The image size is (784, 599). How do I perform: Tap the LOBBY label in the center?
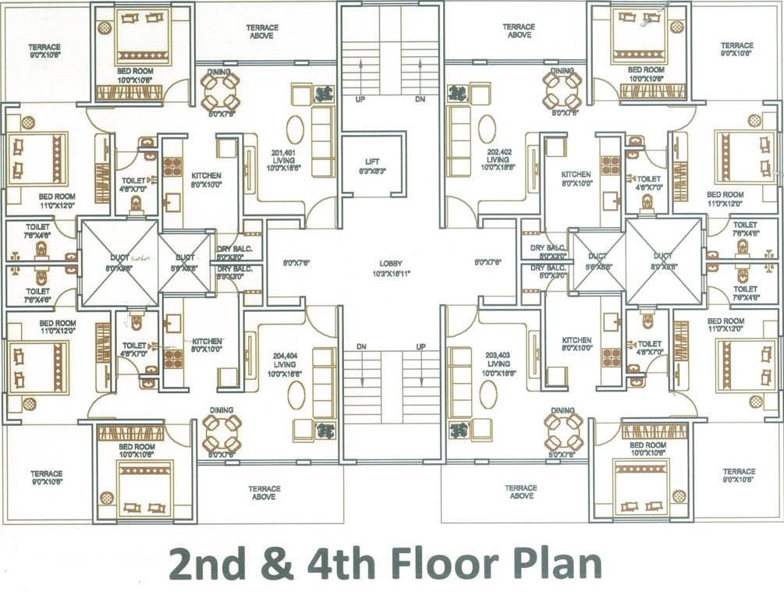pyautogui.click(x=392, y=264)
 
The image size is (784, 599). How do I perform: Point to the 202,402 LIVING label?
pyautogui.click(x=498, y=160)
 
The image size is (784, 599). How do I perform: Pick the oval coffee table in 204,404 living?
pyautogui.click(x=296, y=395)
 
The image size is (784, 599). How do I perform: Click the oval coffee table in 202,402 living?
pyautogui.click(x=487, y=129)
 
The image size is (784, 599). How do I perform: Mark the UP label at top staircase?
pyautogui.click(x=360, y=100)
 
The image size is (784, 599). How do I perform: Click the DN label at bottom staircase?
pyautogui.click(x=361, y=346)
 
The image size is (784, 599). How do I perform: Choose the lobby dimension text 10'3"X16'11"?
pyautogui.click(x=392, y=273)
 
